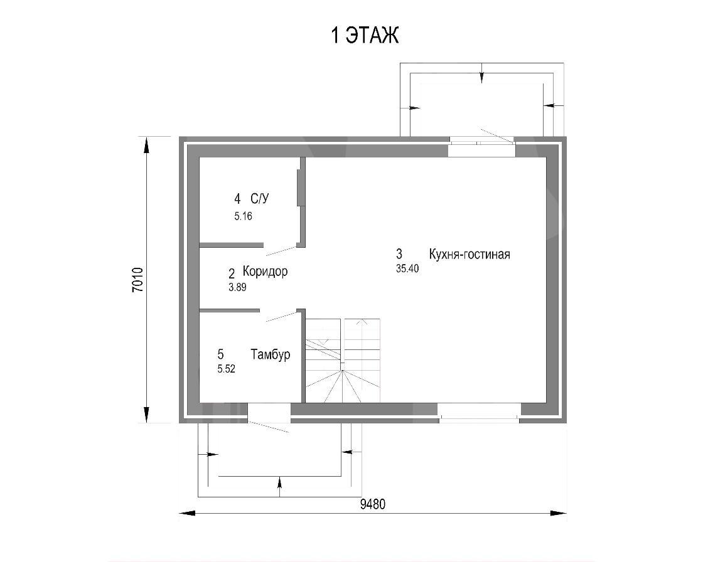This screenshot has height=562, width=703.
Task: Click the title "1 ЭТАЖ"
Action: [365, 36]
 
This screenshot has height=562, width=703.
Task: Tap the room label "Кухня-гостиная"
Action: [470, 255]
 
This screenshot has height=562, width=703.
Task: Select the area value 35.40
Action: [407, 268]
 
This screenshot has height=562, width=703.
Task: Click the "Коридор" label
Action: [265, 271]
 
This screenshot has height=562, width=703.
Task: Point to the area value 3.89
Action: [237, 287]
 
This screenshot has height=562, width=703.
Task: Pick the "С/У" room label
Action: [260, 199]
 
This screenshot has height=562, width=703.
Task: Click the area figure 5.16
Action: [243, 216]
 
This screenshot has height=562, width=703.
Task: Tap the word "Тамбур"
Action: [271, 354]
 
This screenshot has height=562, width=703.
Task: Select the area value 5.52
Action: [226, 369]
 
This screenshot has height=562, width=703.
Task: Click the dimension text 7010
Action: [137, 280]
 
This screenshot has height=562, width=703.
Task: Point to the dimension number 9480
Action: [373, 504]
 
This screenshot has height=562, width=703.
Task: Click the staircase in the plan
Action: [343, 360]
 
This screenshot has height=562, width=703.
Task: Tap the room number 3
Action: [399, 254]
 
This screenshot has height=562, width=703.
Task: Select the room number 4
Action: [237, 199]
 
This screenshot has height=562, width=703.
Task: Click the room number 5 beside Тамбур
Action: [220, 354]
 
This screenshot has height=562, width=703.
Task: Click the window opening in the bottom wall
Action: [480, 413]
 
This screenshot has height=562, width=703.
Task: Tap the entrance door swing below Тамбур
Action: [269, 427]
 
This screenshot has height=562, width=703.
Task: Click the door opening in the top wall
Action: [481, 147]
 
